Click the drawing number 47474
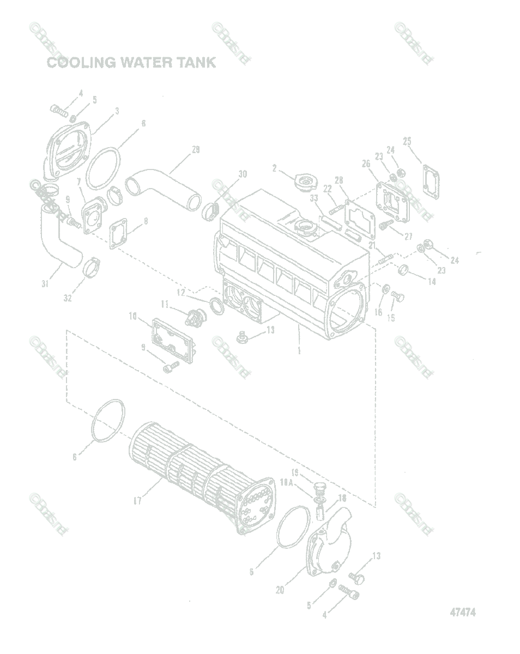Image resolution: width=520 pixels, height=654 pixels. tap(463, 612)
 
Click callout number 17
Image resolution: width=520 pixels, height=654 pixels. tap(138, 500)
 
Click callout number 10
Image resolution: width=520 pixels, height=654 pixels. tap(132, 316)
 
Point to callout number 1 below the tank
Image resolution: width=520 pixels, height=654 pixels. tap(299, 350)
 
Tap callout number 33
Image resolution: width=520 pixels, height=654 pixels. tap(314, 199)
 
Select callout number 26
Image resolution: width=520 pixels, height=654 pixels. tap(366, 163)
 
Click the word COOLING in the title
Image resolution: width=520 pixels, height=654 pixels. tap(81, 63)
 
